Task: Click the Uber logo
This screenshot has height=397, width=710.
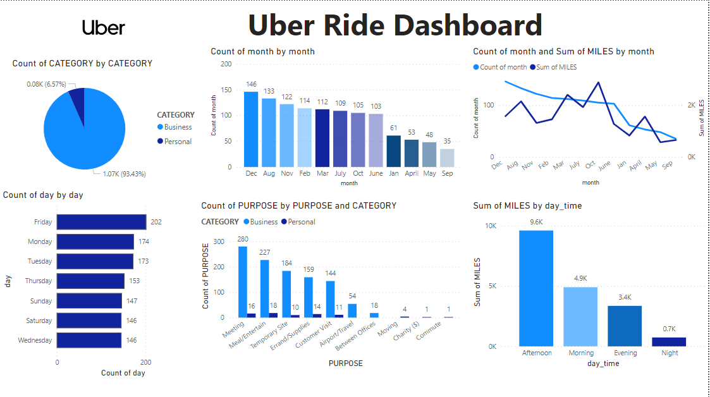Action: click(x=104, y=27)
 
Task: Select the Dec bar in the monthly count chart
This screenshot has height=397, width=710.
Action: click(x=251, y=130)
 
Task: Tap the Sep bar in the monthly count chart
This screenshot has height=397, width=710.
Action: click(x=446, y=158)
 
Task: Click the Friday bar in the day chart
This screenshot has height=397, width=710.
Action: click(x=101, y=222)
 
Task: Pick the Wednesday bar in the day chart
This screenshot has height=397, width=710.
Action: click(x=89, y=340)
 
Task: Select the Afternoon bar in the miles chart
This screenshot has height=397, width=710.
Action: click(x=536, y=288)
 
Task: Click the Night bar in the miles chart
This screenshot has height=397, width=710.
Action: click(x=669, y=342)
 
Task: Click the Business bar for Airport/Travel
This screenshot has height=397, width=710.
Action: click(x=352, y=310)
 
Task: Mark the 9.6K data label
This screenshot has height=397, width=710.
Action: click(x=536, y=223)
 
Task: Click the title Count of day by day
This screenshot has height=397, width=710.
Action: click(x=43, y=195)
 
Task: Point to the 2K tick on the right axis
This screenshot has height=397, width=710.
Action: click(x=691, y=105)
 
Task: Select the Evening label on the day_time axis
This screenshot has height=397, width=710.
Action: click(x=625, y=353)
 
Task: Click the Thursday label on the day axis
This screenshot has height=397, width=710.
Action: click(x=39, y=281)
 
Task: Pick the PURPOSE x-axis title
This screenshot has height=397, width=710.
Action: click(x=345, y=363)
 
